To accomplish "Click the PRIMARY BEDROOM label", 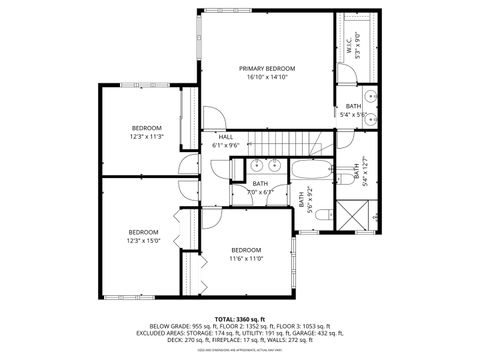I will click(x=267, y=68).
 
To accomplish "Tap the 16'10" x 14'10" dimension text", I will click(x=267, y=77).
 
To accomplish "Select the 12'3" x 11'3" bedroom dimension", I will click(x=146, y=137).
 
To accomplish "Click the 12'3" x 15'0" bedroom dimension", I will click(x=143, y=240).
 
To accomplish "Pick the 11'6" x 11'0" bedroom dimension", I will click(x=246, y=259).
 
